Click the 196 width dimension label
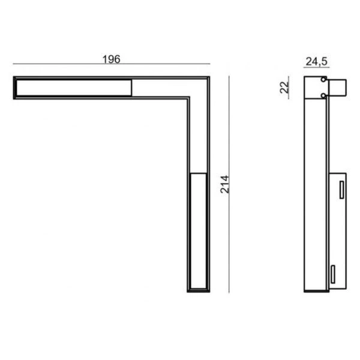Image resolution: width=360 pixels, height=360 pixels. [x=112, y=59]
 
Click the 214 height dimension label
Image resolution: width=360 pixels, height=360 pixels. [x=225, y=184]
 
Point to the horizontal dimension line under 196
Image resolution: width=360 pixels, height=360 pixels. [x=112, y=65]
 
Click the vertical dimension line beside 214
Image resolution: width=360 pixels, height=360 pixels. [x=232, y=184]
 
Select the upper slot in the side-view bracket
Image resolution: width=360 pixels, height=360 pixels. [x=340, y=191]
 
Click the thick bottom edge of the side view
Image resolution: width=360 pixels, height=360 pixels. [x=316, y=291]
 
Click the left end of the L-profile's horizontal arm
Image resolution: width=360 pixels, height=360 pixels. [x=14, y=87]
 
